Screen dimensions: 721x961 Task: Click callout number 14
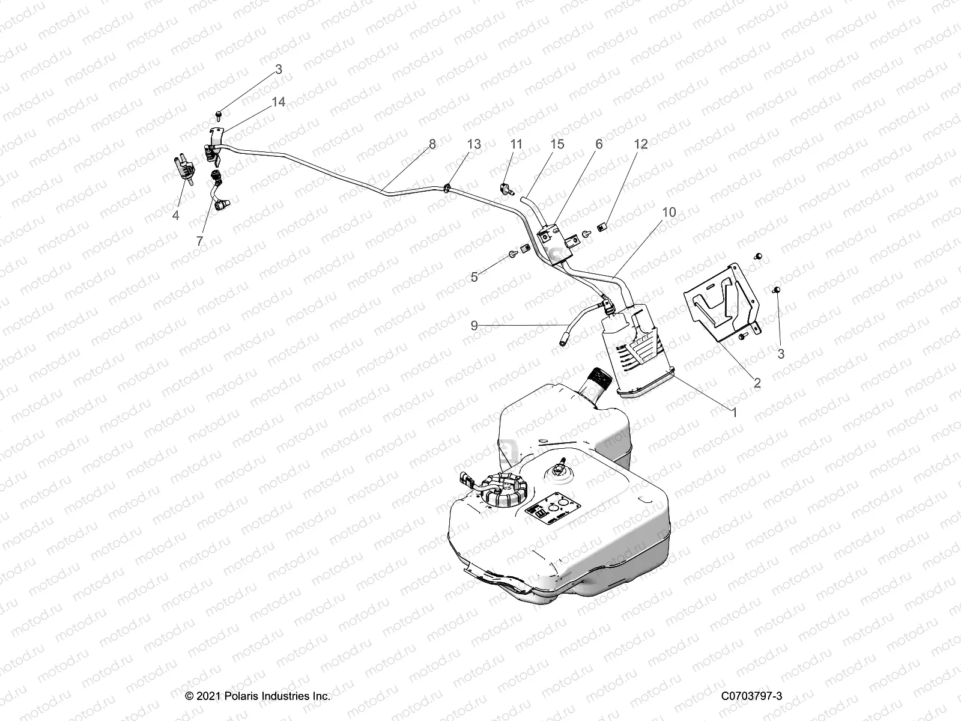click(x=278, y=102)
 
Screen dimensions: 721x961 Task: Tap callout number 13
click(x=474, y=144)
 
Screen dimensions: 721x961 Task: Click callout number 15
click(x=557, y=144)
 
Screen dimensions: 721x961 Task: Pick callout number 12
click(x=641, y=144)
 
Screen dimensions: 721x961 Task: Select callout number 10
click(x=669, y=212)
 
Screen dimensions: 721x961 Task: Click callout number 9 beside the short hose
click(x=474, y=326)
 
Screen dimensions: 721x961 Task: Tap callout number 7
click(x=200, y=240)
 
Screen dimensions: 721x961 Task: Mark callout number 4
click(x=176, y=215)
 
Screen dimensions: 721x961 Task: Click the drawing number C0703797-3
click(x=753, y=696)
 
